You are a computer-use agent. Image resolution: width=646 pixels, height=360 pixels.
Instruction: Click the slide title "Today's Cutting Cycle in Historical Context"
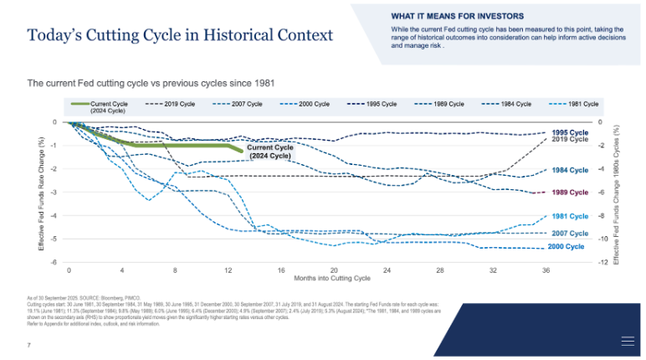[180, 35]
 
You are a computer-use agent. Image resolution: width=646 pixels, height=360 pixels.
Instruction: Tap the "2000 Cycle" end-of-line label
[566, 247]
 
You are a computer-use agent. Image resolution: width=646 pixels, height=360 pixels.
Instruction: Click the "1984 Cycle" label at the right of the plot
[571, 170]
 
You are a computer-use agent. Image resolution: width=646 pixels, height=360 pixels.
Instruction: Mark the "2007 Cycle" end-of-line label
[571, 233]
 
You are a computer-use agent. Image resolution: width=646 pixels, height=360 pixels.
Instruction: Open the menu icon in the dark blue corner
[627, 340]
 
